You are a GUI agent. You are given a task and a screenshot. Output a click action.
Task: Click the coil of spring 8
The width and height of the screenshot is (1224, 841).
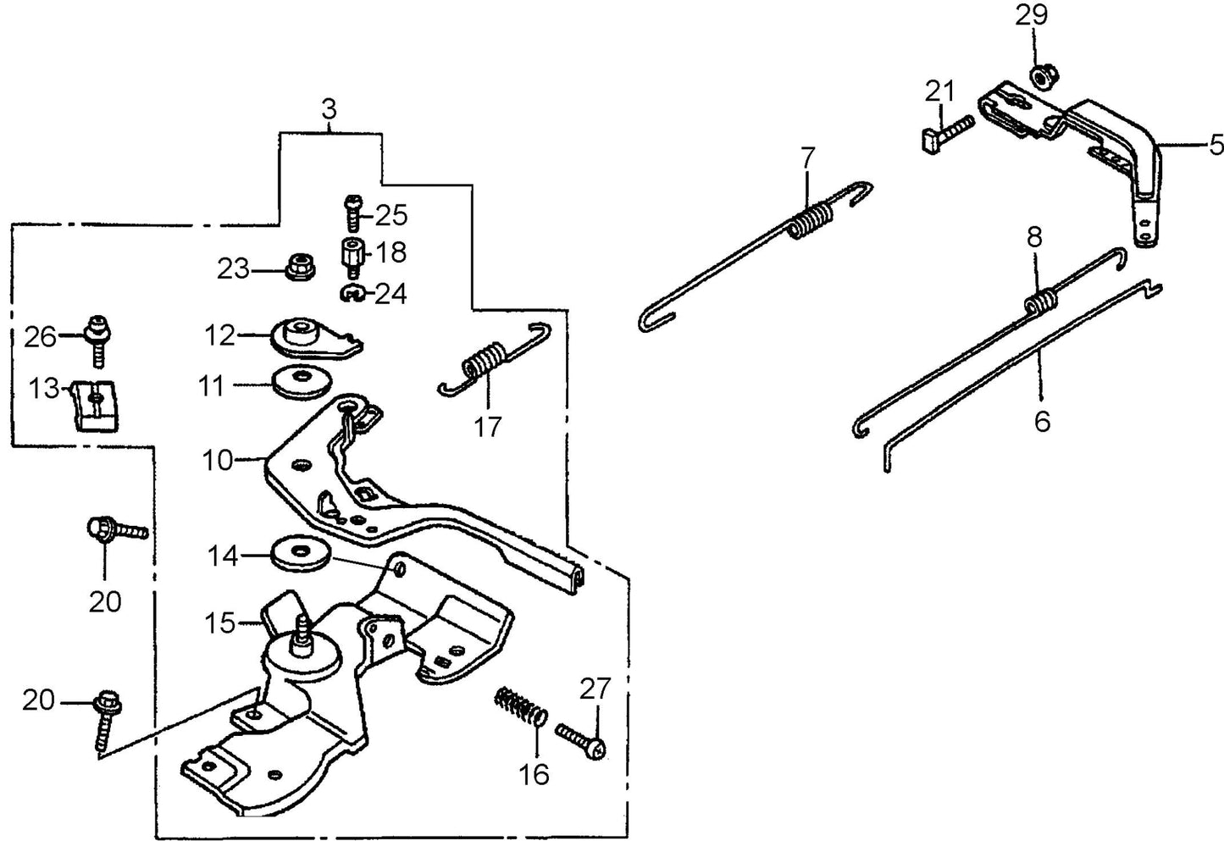click(x=1040, y=300)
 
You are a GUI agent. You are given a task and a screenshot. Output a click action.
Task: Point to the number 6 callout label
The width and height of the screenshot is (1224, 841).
click(x=1042, y=420)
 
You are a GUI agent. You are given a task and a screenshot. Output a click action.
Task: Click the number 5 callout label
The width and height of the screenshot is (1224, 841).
click(x=1216, y=146)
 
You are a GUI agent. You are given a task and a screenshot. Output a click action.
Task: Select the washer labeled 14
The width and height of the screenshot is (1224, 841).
click(x=302, y=553)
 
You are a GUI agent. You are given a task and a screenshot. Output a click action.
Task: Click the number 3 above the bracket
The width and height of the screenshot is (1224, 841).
click(x=329, y=108)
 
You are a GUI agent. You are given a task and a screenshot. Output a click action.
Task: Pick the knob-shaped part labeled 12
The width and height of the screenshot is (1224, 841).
click(x=305, y=333)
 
